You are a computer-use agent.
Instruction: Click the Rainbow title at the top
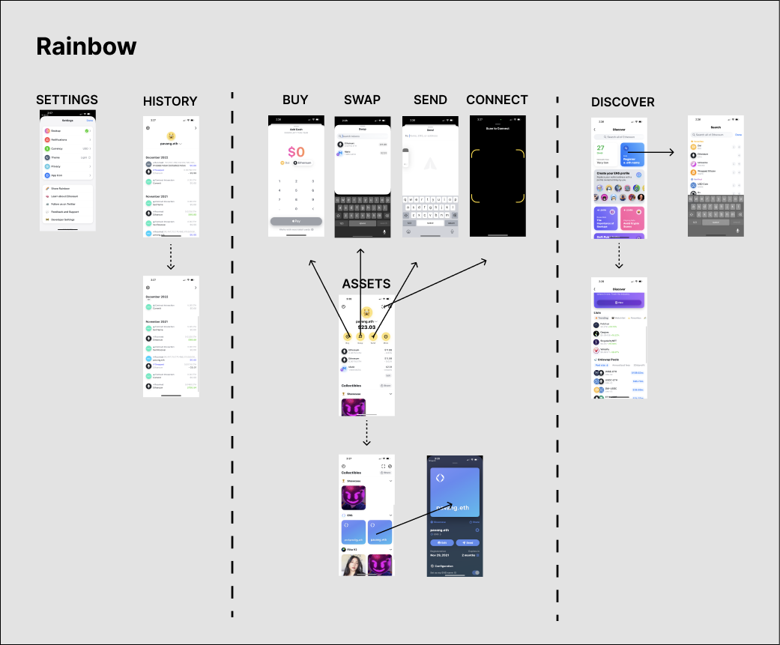(86, 46)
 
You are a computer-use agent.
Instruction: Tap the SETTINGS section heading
(67, 100)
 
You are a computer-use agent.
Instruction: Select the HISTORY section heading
(170, 101)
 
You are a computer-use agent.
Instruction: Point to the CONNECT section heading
(497, 100)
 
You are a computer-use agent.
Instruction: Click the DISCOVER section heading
(623, 102)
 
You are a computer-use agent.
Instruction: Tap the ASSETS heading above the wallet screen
(366, 283)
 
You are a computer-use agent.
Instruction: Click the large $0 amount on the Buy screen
(296, 152)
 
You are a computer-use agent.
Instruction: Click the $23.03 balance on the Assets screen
(366, 327)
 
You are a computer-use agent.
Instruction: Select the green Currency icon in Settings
(46, 148)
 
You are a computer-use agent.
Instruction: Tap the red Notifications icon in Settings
(46, 139)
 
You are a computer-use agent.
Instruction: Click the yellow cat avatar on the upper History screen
(171, 136)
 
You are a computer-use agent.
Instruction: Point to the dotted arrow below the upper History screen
(171, 255)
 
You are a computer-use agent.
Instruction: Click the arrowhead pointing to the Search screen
(672, 152)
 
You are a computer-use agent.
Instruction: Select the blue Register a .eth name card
(632, 155)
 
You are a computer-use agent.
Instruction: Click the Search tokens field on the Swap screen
(362, 136)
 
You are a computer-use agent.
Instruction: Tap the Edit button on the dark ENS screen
(441, 542)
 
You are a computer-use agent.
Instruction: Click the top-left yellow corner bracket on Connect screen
(476, 153)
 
